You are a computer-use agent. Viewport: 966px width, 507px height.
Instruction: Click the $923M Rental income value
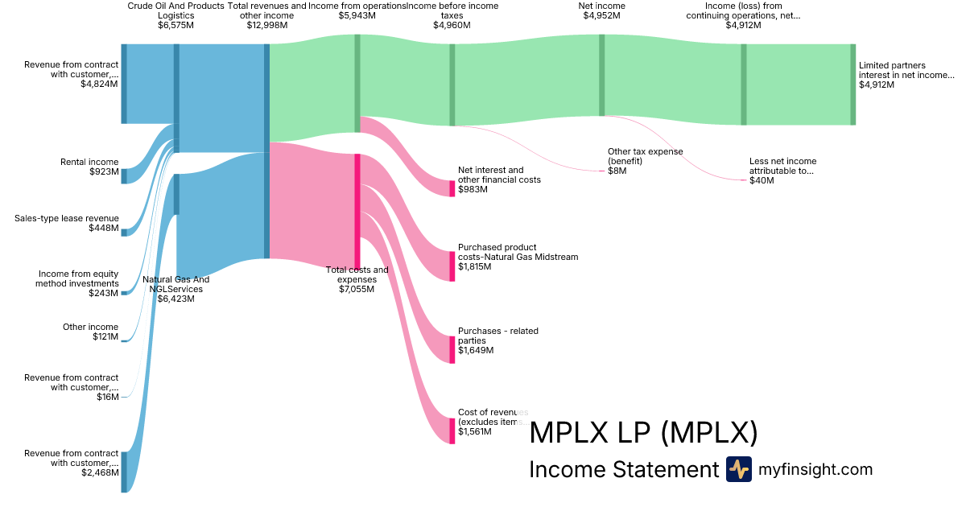[104, 171]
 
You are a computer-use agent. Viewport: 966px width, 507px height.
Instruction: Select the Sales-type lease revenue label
[67, 218]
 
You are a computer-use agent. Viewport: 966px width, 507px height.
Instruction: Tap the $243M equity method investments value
[104, 293]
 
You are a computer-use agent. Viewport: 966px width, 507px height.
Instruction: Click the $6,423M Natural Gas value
[175, 299]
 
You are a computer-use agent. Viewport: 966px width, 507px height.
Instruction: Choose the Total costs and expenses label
[357, 274]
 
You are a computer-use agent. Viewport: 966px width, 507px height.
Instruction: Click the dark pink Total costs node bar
[357, 209]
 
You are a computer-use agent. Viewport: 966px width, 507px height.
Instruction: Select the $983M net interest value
[469, 189]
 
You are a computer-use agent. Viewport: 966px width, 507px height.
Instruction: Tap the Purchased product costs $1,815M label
[518, 252]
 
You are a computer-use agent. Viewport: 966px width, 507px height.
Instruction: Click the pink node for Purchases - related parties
[452, 349]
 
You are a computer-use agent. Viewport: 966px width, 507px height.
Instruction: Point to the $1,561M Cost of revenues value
[476, 432]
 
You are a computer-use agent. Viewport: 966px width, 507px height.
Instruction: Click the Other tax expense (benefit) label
[645, 156]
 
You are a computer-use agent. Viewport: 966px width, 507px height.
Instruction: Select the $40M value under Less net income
[761, 180]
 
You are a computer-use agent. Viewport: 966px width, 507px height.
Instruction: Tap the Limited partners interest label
[906, 70]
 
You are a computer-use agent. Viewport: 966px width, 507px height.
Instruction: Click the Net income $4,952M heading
[601, 10]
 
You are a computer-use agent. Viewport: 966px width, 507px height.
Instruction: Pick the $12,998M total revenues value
[266, 25]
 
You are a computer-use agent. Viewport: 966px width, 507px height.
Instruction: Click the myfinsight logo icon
[739, 469]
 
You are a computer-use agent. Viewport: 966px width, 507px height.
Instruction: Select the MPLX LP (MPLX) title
[643, 434]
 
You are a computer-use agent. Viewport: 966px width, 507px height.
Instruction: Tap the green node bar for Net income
[601, 75]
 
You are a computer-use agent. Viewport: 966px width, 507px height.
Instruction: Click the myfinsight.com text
[815, 469]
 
